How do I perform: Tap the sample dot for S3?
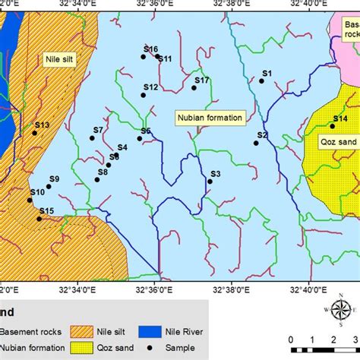click(x=210, y=182)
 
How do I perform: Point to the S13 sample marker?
click(x=34, y=133)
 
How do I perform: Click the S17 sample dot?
click(x=194, y=88)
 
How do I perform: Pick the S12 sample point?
click(x=144, y=95)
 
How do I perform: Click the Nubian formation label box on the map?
click(x=210, y=118)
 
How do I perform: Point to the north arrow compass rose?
click(x=339, y=309)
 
